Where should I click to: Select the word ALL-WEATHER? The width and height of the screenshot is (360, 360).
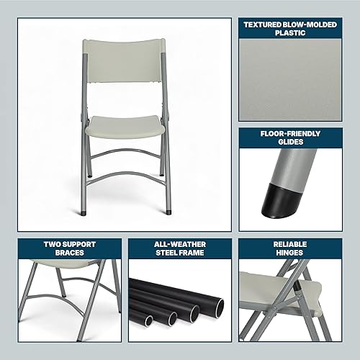pos(180,243)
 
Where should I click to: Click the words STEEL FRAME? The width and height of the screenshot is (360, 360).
pos(180,252)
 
